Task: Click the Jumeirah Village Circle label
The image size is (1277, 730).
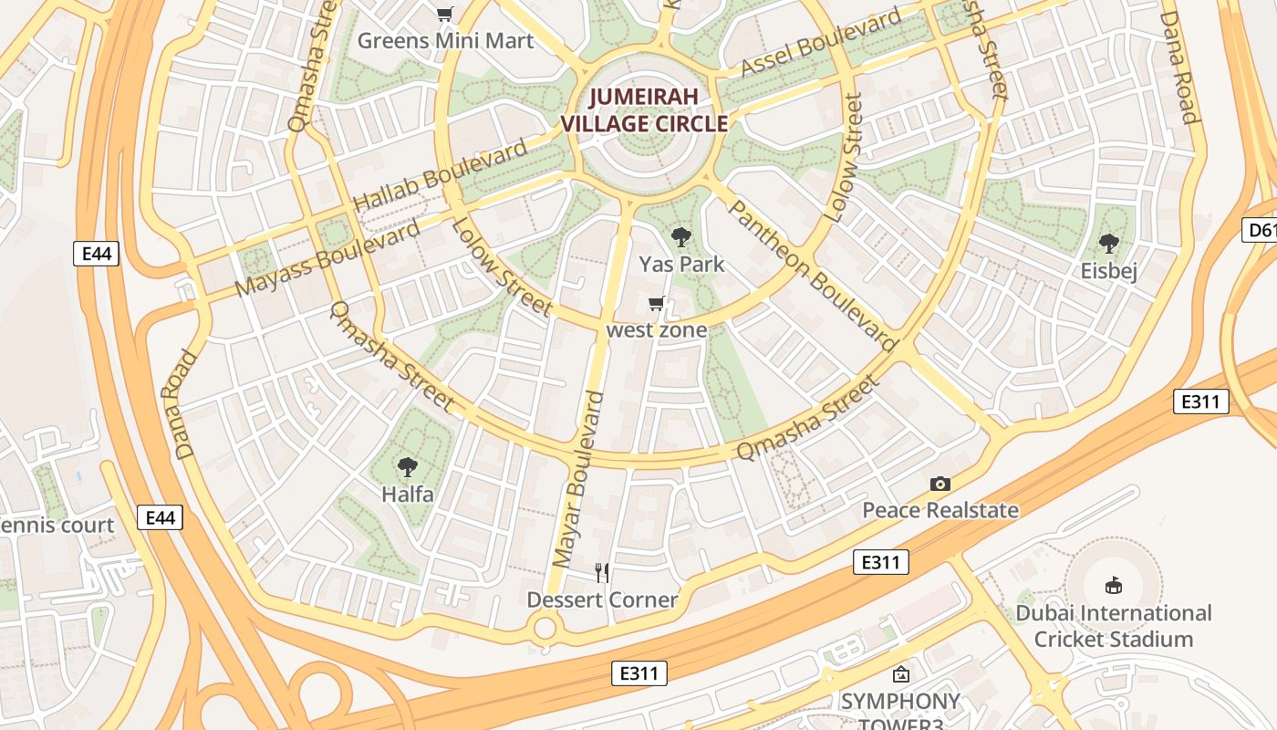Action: [x=644, y=110]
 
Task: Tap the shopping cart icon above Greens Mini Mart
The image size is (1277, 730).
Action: [x=444, y=14]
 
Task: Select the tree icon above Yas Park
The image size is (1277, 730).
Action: [x=680, y=238]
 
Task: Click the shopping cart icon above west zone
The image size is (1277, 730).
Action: [x=656, y=304]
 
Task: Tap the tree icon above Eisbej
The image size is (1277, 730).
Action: [x=1109, y=244]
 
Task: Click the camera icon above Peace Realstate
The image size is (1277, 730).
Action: [x=940, y=484]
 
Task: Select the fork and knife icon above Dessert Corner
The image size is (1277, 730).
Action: [x=602, y=572]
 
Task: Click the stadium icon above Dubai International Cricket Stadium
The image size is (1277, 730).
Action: [x=1113, y=585]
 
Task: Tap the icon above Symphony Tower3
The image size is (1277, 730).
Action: [x=901, y=675]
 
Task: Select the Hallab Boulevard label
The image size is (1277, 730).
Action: [x=440, y=175]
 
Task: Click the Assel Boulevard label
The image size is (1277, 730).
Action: [x=821, y=42]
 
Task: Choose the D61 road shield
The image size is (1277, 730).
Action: [x=1261, y=230]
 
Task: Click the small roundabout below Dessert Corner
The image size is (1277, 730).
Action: [x=545, y=628]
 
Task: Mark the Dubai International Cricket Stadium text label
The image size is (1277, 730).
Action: [x=1113, y=626]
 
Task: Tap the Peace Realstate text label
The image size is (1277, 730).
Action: [x=940, y=510]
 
